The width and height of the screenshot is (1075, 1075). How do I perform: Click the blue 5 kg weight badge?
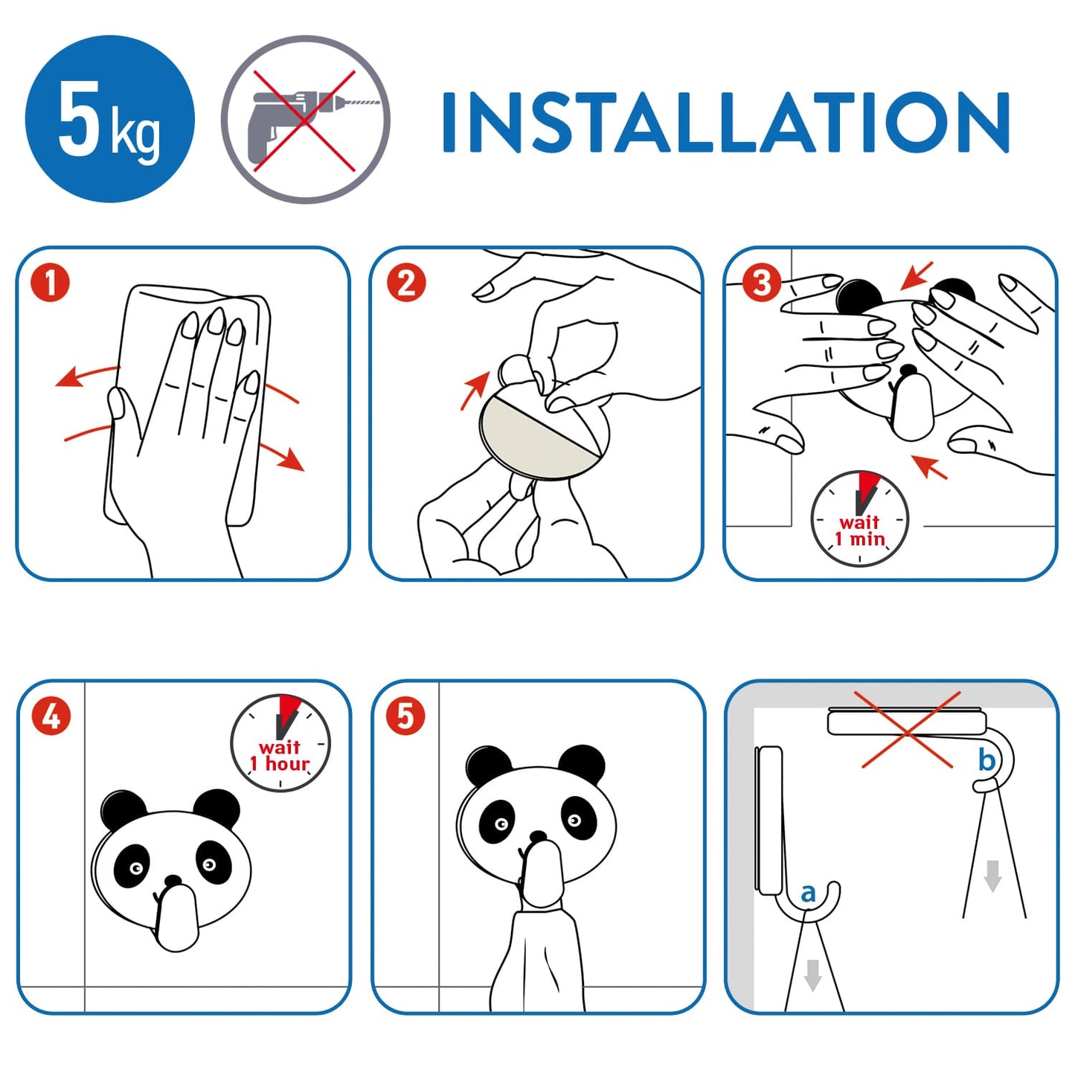point(109,119)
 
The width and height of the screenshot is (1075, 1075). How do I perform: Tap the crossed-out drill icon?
point(306,119)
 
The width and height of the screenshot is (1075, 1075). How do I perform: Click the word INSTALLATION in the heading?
point(725,121)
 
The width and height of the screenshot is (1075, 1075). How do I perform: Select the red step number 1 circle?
point(51,283)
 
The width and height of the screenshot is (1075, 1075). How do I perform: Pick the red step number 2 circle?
point(405,283)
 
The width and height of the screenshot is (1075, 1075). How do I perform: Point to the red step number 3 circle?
point(761,283)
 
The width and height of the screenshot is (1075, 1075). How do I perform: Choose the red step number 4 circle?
point(51,716)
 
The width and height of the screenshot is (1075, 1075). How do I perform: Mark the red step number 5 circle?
point(405,716)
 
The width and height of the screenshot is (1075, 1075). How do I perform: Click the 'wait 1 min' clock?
point(859,519)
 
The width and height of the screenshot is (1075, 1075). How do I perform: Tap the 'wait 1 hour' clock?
point(280,743)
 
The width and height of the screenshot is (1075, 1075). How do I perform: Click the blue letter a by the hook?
point(808,892)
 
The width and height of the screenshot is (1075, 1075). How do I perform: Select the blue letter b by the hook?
point(986,760)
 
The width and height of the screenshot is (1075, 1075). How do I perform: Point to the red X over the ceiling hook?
point(907,729)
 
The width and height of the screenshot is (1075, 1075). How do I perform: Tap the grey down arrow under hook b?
point(992,876)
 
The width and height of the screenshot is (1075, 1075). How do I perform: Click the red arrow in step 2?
point(474,390)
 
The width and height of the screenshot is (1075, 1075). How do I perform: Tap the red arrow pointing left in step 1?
point(86,375)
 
